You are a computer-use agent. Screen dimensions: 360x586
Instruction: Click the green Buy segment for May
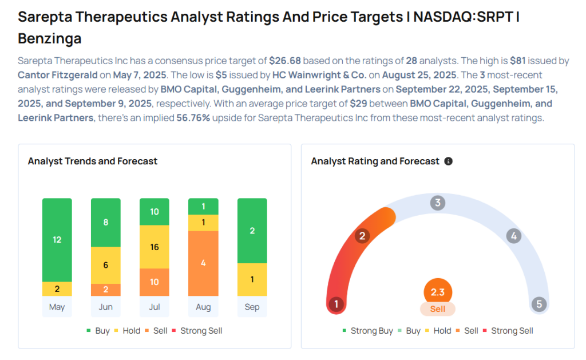[x=57, y=240]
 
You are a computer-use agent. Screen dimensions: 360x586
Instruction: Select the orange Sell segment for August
[x=203, y=263]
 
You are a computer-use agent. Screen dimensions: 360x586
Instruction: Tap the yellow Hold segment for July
[x=155, y=247]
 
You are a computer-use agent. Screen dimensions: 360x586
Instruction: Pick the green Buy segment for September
[x=252, y=231]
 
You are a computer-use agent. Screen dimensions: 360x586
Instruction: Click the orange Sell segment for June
[x=106, y=290]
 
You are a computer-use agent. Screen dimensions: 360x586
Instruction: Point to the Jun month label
[x=106, y=307]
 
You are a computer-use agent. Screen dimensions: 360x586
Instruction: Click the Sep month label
[x=252, y=307]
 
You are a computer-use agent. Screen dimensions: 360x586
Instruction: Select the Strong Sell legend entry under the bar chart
[x=201, y=331]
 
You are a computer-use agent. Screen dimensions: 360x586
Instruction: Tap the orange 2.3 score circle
[x=438, y=292]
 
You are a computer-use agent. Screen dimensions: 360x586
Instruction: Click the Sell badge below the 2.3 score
[x=438, y=309]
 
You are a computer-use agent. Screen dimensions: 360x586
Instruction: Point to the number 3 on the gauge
[x=438, y=203]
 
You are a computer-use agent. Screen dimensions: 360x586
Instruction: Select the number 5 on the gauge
[x=539, y=304]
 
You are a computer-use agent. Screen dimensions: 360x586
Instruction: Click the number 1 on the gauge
[x=336, y=304]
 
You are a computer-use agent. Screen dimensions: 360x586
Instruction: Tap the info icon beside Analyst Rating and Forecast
[x=449, y=161]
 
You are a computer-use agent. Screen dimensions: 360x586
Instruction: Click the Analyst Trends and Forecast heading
[x=93, y=161]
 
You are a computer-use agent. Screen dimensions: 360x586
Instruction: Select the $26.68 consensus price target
[x=285, y=61]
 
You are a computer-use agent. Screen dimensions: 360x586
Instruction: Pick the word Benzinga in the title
[x=50, y=39]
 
